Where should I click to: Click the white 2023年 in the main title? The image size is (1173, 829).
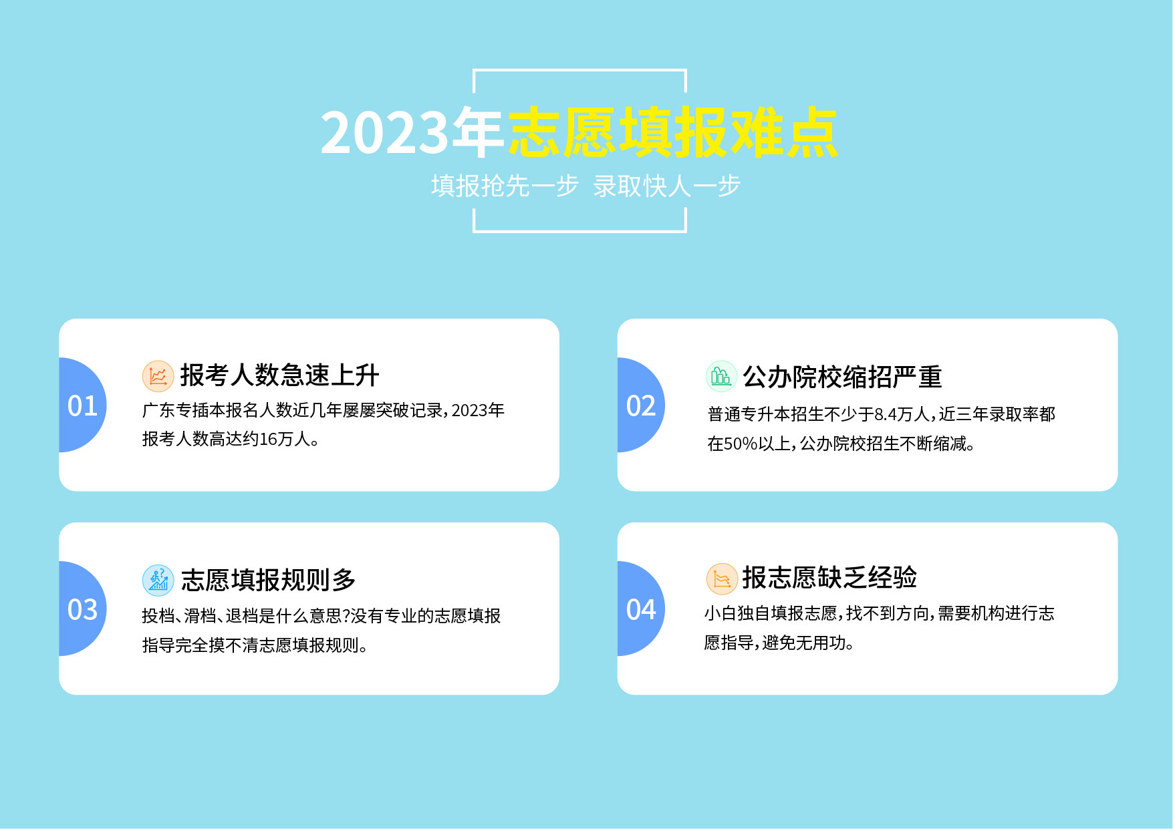pos(412,132)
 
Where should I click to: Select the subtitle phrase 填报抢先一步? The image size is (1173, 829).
pos(505,186)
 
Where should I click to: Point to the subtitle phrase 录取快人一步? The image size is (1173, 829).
pos(666,186)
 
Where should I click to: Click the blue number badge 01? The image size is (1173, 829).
pos(83,405)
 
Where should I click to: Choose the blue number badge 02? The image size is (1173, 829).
pos(641,405)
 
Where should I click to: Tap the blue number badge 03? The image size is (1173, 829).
pos(83,609)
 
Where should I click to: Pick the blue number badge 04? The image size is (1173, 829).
pos(641,609)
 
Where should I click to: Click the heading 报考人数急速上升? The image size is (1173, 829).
pos(279,375)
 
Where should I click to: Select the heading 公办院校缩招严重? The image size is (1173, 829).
pos(842,377)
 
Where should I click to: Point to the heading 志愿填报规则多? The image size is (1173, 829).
pos(268,580)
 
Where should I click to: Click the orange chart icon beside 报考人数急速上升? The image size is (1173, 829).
pos(158,376)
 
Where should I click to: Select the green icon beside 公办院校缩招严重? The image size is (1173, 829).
pos(721,376)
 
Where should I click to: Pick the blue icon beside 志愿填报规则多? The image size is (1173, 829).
pos(158,580)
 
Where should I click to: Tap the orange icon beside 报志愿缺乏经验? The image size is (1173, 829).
pos(722,578)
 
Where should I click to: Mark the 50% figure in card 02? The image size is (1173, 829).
pos(741,444)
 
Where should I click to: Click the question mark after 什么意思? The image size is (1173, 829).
pos(346,616)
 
